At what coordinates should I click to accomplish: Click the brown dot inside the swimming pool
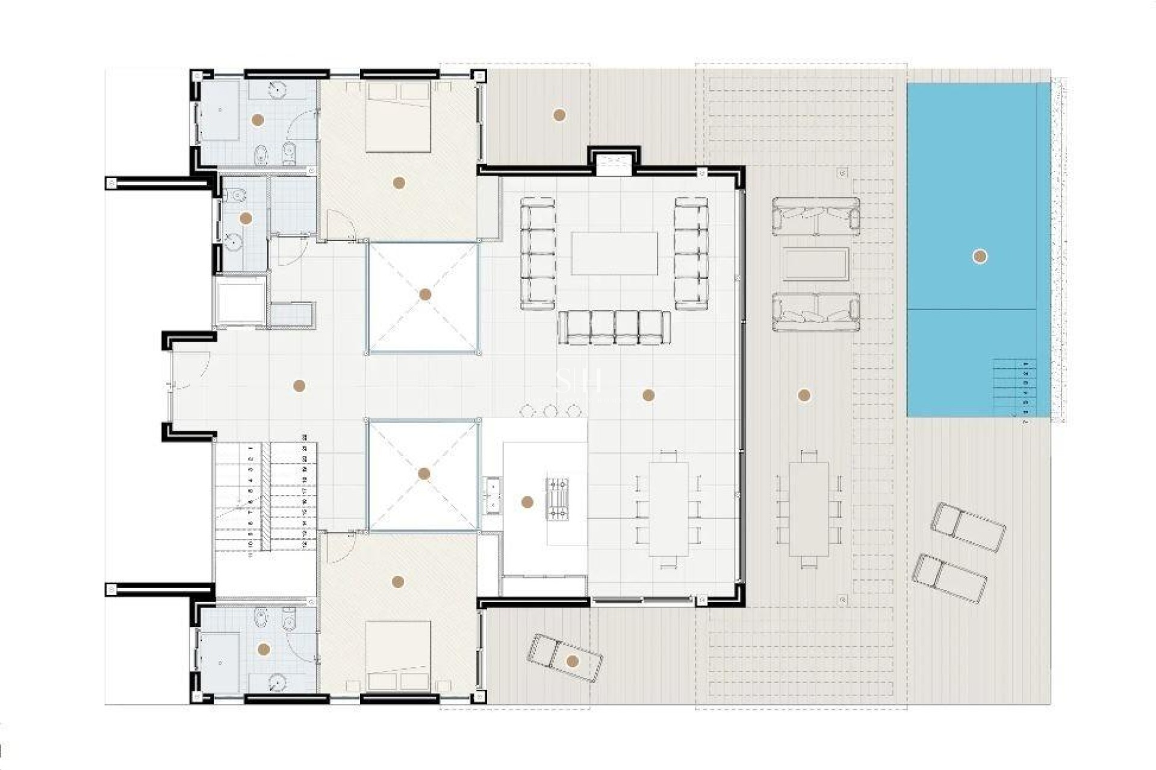(980, 257)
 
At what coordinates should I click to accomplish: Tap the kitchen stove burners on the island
(557, 498)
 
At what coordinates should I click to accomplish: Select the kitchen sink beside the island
(493, 495)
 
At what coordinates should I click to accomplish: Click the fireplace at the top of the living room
(614, 162)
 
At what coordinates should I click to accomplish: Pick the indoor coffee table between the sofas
(614, 253)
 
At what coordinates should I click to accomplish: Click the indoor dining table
(668, 509)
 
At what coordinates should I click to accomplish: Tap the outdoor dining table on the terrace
(809, 509)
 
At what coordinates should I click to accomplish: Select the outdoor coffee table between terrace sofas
(816, 264)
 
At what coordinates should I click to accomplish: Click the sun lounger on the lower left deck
(564, 659)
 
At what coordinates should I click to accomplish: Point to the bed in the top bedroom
(398, 117)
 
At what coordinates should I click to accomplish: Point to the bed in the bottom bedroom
(398, 656)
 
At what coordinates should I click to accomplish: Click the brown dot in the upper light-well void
(425, 295)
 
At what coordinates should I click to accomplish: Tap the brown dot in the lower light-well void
(424, 474)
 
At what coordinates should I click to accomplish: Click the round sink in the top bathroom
(276, 90)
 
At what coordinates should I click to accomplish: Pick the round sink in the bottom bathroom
(276, 682)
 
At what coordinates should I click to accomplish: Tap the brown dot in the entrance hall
(299, 386)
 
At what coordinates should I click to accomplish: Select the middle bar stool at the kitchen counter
(550, 411)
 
